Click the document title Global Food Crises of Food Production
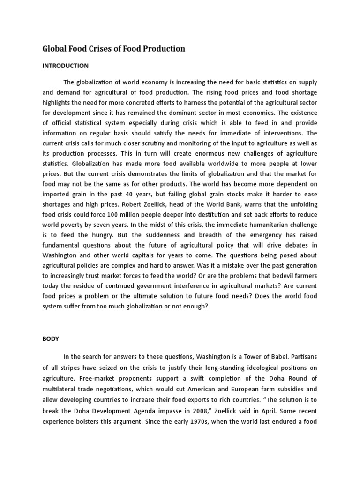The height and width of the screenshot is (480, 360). click(114, 48)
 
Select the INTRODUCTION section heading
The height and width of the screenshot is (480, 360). click(66, 66)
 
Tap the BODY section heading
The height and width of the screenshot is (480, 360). click(51, 337)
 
